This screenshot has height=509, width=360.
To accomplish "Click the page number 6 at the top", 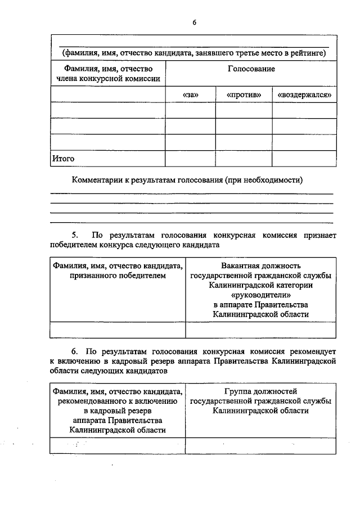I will tap(193, 22).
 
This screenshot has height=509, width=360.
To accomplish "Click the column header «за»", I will tap(191, 95).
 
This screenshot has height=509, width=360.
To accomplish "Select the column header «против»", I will tap(244, 95).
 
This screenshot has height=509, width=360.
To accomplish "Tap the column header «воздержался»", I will tap(304, 95).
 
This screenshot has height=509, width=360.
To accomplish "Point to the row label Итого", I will tap(63, 159).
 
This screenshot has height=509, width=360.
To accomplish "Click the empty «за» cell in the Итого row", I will tap(190, 159).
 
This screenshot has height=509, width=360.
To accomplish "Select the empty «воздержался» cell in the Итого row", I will tap(304, 159).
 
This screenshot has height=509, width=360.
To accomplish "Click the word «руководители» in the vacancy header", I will tap(260, 295).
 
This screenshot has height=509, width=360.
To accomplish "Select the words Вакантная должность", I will tap(260, 265).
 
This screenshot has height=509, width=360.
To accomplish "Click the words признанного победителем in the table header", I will tap(118, 276).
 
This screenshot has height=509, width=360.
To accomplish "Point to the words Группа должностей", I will tap(260, 391).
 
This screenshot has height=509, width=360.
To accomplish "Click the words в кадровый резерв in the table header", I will tap(118, 411).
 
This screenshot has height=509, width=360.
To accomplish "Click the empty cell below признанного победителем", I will tap(118, 330).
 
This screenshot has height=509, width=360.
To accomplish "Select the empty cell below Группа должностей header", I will tap(260, 445).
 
